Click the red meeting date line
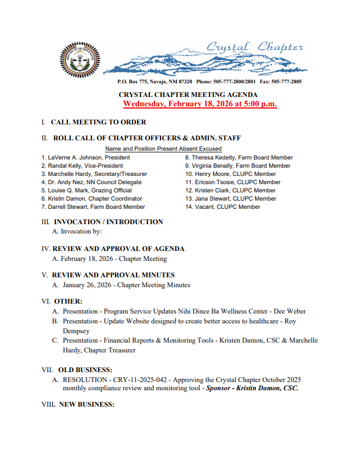(x=200, y=104)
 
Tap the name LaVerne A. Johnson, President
(x=85, y=157)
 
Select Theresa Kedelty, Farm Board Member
(x=238, y=157)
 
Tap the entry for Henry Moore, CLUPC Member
(x=231, y=174)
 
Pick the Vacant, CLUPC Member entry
(x=222, y=207)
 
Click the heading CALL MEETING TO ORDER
(x=99, y=122)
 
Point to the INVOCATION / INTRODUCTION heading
(x=108, y=222)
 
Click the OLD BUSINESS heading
(x=85, y=369)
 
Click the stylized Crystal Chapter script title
(x=254, y=48)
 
